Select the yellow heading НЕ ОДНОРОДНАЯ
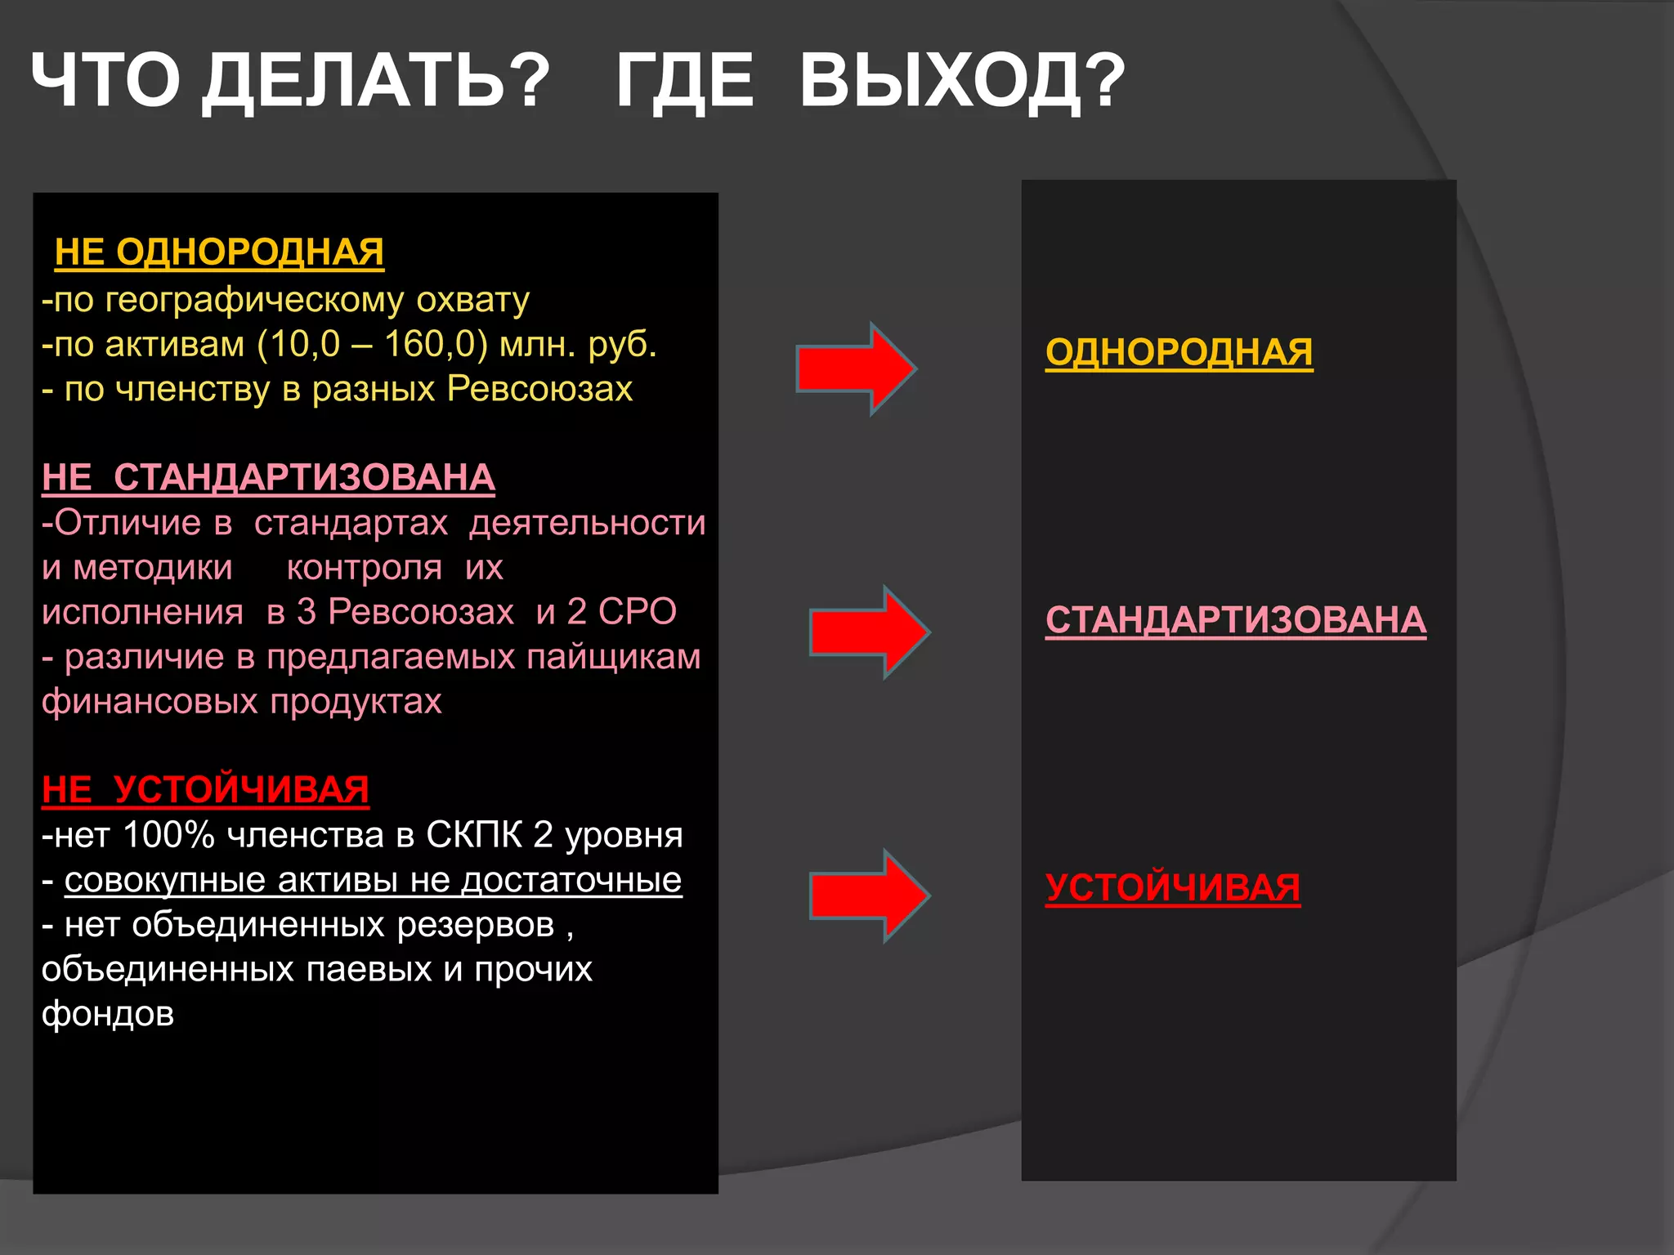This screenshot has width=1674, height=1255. click(219, 252)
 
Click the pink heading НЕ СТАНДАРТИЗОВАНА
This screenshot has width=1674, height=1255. click(268, 477)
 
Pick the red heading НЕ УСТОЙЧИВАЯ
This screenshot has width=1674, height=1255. click(205, 789)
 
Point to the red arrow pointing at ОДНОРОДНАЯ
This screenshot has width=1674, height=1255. click(855, 368)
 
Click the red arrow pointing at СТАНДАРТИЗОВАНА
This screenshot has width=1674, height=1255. click(869, 632)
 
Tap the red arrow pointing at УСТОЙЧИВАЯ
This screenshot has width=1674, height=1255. click(869, 895)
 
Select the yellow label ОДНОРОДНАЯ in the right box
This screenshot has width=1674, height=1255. click(1179, 352)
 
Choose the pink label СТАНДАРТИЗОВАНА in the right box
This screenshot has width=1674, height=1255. click(1235, 619)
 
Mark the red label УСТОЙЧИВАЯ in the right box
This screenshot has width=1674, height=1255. click(1172, 887)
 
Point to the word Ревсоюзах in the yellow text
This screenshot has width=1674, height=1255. click(539, 389)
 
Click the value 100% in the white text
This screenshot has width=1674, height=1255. click(169, 835)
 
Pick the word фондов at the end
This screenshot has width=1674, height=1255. click(108, 1014)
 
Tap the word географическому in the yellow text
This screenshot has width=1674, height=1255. click(254, 300)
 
